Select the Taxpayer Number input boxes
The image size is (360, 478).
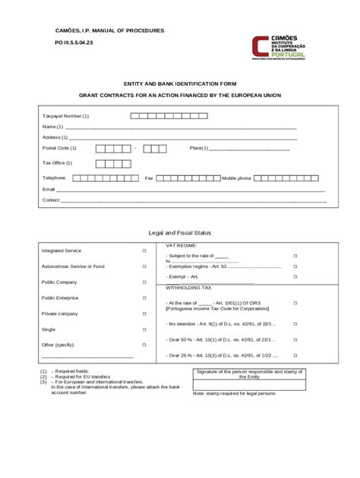coord(167,115)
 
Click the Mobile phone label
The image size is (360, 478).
coord(236,178)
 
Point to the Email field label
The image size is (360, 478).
coord(49,189)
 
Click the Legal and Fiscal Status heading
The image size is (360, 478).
coord(180,232)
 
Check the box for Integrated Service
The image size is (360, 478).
coord(144,250)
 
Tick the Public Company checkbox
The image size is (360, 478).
coord(144,281)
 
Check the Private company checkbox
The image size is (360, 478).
coord(144,313)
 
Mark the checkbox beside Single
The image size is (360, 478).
coord(144,329)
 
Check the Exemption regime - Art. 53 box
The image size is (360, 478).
coord(295,267)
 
